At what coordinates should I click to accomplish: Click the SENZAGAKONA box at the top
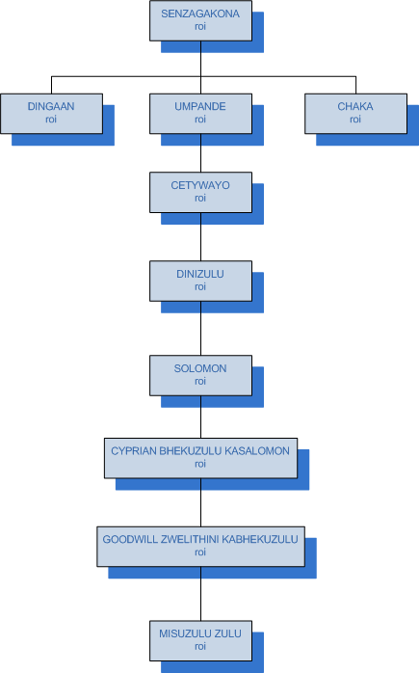[x=200, y=20]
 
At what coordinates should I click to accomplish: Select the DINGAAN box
[x=51, y=114]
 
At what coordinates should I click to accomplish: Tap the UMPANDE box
[x=200, y=114]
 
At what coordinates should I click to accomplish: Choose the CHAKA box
[x=356, y=114]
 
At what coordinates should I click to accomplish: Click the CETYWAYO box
[x=200, y=192]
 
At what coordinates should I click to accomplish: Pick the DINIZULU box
[x=200, y=282]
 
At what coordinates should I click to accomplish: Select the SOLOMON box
[x=200, y=376]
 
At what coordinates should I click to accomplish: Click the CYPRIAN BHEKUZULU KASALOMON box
[x=200, y=458]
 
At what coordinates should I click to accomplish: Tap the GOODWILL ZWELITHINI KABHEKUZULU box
[x=200, y=547]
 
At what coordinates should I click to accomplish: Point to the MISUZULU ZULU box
[x=200, y=641]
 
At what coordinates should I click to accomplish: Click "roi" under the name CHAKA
[x=355, y=120]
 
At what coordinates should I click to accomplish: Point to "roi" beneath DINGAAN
[x=51, y=120]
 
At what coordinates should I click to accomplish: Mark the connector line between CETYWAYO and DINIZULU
[x=200, y=236]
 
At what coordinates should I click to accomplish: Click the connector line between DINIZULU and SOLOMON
[x=200, y=329]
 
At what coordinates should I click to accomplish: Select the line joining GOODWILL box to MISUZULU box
[x=200, y=594]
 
